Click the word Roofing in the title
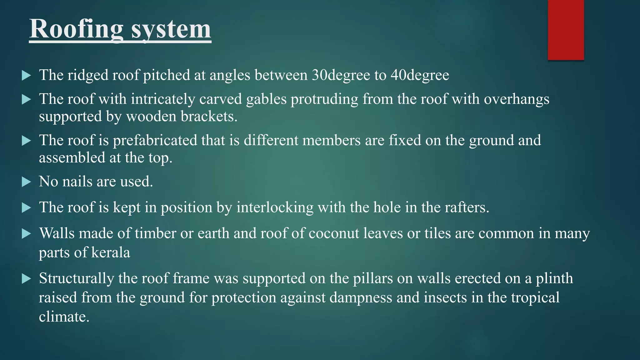[76, 29]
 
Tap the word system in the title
[171, 29]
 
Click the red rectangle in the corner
[566, 30]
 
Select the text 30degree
[341, 75]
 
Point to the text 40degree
[420, 75]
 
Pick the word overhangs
[516, 99]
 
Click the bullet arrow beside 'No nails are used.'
[27, 182]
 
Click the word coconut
[334, 233]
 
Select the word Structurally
[77, 278]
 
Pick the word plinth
[554, 278]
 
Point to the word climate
[64, 317]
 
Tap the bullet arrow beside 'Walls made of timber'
[27, 234]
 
